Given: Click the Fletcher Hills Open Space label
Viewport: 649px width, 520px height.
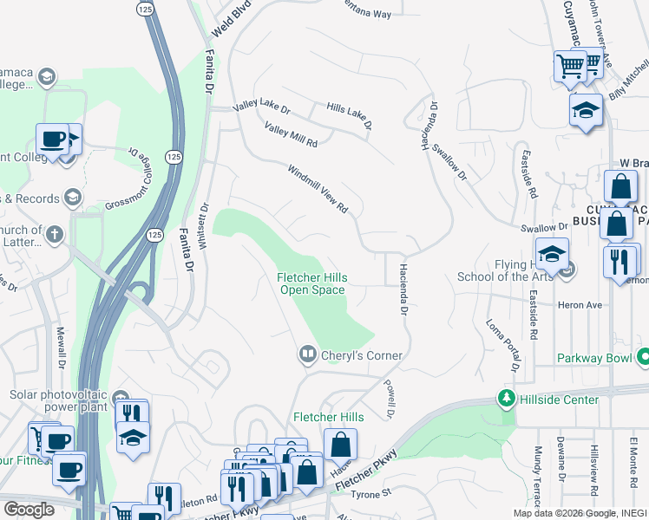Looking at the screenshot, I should point(311,283).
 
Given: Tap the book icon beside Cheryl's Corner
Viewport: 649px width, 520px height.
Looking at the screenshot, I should point(306,354).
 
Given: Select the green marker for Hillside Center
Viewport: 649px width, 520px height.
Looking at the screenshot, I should point(505,399).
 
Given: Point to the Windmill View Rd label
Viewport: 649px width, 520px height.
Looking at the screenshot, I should point(318,190).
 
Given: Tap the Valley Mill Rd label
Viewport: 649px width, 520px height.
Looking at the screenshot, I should point(291,134).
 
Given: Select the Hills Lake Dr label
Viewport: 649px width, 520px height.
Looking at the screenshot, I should point(350,115).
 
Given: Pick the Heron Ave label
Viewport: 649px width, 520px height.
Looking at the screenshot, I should point(581,305).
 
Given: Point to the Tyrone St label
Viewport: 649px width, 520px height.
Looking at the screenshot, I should point(371,494).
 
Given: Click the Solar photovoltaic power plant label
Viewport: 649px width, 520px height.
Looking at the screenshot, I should point(61,401).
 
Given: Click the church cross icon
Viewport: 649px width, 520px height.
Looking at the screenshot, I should point(54,234).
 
